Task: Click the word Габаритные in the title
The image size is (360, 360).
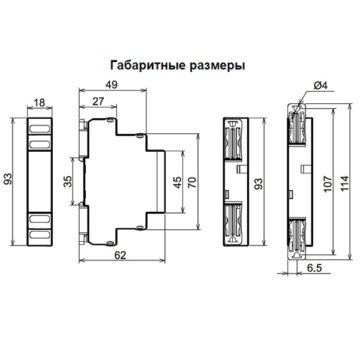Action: (x=148, y=65)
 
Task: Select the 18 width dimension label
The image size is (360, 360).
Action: (x=39, y=103)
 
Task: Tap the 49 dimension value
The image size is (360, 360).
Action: (x=112, y=85)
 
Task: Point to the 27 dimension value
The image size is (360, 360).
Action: (x=98, y=101)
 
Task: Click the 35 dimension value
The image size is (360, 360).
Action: (x=68, y=181)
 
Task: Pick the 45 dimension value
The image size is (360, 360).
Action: (x=178, y=182)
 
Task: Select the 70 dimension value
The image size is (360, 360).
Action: (x=193, y=182)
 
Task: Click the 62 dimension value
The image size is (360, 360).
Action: (x=121, y=255)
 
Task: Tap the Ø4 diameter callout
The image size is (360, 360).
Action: (x=321, y=86)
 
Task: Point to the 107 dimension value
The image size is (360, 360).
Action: (x=328, y=184)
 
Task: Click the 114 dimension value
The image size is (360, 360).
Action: (x=344, y=183)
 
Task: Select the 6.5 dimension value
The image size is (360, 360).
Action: (x=314, y=268)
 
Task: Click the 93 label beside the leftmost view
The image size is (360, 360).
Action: (x=8, y=179)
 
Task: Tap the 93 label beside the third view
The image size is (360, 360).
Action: (x=259, y=184)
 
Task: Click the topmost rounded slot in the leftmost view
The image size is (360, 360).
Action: (x=40, y=128)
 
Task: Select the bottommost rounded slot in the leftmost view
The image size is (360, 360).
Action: (x=40, y=235)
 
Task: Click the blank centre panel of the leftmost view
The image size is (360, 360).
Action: (x=40, y=181)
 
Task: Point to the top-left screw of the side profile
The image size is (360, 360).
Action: (x=110, y=120)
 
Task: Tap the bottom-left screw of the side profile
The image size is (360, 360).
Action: (x=110, y=243)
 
